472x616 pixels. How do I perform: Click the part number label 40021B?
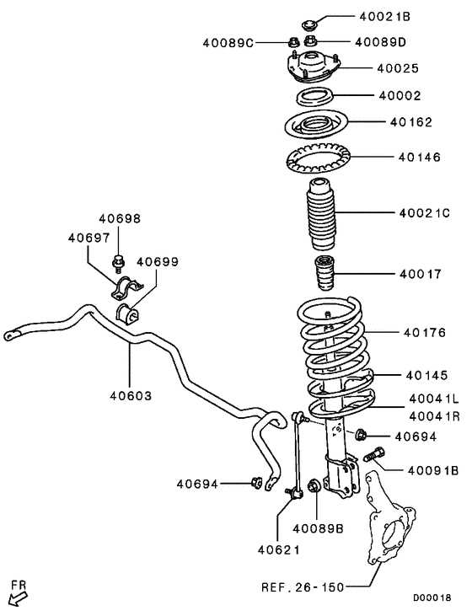[x=384, y=17]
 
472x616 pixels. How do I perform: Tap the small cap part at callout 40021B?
[x=310, y=25]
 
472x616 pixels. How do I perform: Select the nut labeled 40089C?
[x=293, y=41]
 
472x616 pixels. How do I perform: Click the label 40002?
[x=400, y=95]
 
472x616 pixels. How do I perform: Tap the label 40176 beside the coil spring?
[x=425, y=333]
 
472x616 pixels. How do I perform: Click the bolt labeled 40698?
[x=118, y=263]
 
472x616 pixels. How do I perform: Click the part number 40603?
[x=131, y=395]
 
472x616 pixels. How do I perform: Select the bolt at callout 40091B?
[x=374, y=454]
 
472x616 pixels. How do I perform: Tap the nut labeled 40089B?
[x=314, y=486]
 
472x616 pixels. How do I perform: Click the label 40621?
[x=279, y=550]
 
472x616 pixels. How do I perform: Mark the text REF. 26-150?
[x=303, y=587]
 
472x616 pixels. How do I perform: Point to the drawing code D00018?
[x=432, y=598]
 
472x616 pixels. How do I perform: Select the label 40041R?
[x=434, y=416]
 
